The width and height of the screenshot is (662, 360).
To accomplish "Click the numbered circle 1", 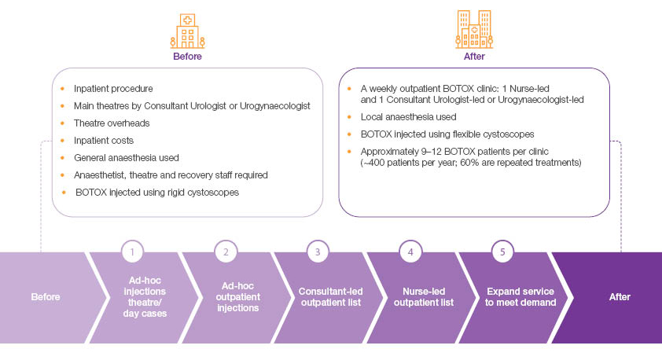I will [x=134, y=252].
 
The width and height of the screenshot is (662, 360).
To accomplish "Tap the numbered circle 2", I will [x=226, y=252].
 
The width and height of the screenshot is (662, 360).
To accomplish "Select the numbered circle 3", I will [x=318, y=252].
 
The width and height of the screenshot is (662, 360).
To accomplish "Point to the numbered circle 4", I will [x=410, y=252].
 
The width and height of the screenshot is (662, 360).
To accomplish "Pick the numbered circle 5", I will [x=502, y=252].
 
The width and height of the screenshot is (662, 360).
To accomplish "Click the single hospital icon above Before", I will [x=187, y=31].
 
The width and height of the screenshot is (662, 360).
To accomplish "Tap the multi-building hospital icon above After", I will [x=474, y=30].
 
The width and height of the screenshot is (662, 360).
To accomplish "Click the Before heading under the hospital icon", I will [x=187, y=57].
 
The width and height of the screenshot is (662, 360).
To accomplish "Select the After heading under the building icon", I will [x=474, y=57].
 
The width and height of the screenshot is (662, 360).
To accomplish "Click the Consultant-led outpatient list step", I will [x=318, y=297].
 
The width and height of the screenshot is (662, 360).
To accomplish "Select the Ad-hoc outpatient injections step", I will [x=226, y=297].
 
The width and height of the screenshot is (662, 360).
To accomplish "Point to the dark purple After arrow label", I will [x=620, y=297].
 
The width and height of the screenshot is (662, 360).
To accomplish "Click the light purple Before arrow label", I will [x=46, y=297].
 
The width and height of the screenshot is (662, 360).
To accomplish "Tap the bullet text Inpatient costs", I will [x=104, y=140].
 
